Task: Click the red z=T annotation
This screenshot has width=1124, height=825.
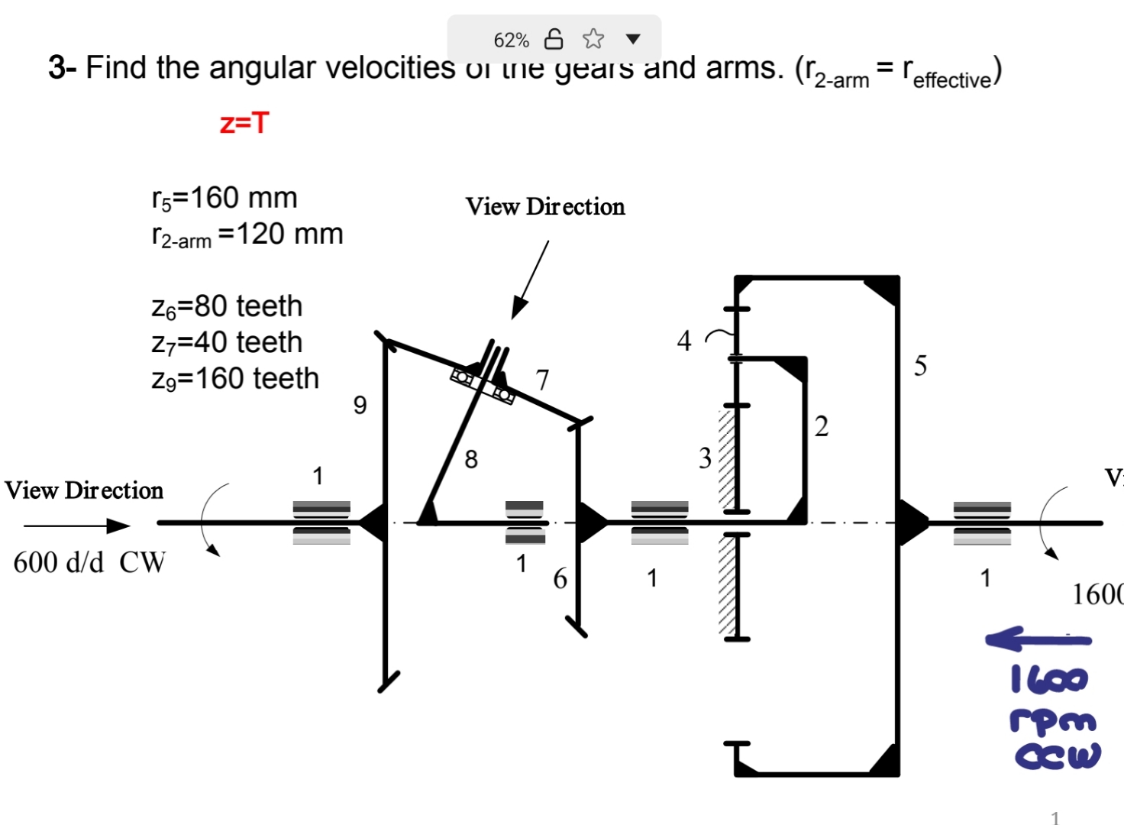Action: pos(244,123)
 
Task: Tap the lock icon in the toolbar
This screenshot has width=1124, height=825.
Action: pos(554,38)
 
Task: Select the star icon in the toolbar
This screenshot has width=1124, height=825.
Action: pos(593,38)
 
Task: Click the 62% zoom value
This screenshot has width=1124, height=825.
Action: pos(511,40)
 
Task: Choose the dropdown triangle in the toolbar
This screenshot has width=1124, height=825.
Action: pos(632,39)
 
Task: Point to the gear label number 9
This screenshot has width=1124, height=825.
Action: pos(360,405)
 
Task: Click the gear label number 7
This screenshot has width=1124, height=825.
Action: pos(542,380)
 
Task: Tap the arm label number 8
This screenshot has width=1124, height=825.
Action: pos(471,459)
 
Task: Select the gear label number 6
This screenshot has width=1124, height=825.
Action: pos(560,579)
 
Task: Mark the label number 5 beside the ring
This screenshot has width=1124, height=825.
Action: pos(920,366)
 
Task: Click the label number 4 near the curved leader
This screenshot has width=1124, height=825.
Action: pos(684,341)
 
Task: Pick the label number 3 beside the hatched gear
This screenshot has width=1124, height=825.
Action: pos(705,458)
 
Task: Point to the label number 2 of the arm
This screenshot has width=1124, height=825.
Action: pos(821,426)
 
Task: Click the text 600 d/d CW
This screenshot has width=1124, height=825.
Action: pos(89,563)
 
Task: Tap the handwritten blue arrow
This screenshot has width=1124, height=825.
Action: pos(1037,639)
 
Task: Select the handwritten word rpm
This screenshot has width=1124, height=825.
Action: pos(1052,720)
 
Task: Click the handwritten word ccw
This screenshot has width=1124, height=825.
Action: pos(1058,755)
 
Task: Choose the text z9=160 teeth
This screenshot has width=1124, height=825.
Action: pos(235,379)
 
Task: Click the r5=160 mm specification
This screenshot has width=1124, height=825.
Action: pos(224,198)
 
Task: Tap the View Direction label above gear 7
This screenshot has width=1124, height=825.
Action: pos(545,207)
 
